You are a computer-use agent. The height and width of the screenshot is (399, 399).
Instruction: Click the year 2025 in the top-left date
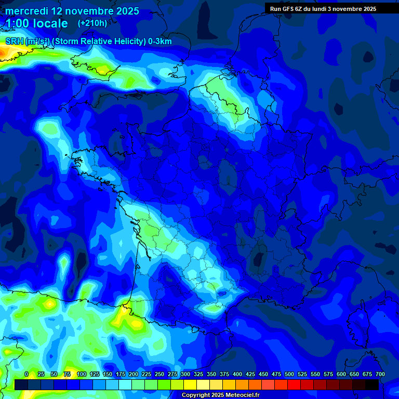click(x=123, y=11)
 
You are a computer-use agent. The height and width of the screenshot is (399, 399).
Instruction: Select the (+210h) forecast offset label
click(x=92, y=23)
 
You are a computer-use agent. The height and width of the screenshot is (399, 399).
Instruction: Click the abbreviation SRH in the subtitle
click(x=15, y=42)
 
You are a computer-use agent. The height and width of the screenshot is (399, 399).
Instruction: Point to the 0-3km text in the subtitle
click(x=160, y=42)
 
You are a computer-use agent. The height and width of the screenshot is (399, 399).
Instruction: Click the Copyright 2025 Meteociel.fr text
click(x=220, y=395)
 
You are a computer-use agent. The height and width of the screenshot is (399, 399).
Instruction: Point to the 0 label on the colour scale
click(x=26, y=374)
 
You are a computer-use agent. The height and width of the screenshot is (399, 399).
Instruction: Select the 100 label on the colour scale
click(x=82, y=374)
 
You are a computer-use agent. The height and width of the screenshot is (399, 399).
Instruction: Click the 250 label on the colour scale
click(x=159, y=374)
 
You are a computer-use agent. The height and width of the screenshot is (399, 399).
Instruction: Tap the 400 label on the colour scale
click(x=237, y=374)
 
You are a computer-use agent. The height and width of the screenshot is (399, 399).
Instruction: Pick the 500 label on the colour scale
click(x=289, y=374)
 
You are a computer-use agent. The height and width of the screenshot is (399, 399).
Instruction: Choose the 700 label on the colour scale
click(x=380, y=374)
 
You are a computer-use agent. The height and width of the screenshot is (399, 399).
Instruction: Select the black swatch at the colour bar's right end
click(x=372, y=384)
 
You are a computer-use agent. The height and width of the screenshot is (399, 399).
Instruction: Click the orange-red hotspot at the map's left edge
click(x=4, y=52)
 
